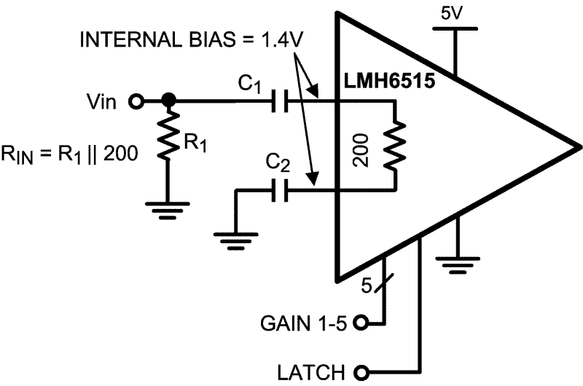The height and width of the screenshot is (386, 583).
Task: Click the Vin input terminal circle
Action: pyautogui.click(x=136, y=101)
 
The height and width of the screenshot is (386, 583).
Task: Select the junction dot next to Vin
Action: pyautogui.click(x=168, y=101)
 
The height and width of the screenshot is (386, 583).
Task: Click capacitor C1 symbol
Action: pyautogui.click(x=279, y=102)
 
